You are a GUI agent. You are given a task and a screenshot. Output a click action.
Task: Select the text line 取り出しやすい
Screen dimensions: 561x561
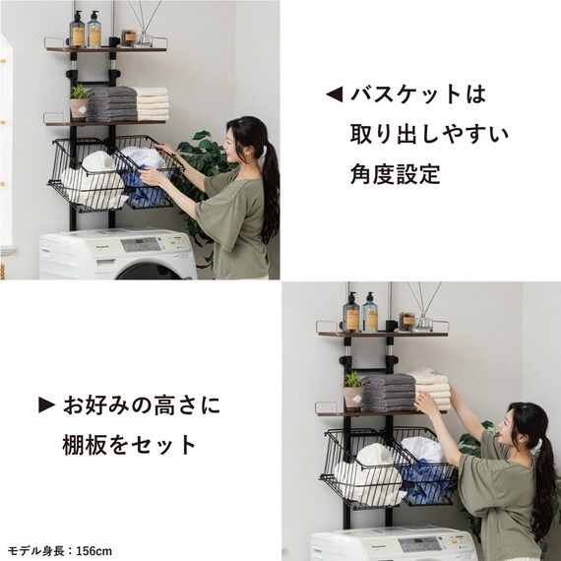[x=429, y=134]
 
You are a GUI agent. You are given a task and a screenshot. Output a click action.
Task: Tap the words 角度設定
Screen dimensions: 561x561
[x=396, y=174]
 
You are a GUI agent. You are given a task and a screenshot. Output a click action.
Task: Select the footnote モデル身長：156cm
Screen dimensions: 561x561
[x=60, y=550]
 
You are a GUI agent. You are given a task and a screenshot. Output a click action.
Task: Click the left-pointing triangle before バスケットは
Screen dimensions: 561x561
[x=334, y=95]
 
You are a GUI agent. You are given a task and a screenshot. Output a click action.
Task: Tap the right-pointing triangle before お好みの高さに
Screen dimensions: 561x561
[x=45, y=405]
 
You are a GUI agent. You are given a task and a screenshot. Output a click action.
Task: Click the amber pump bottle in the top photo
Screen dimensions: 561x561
[x=78, y=31]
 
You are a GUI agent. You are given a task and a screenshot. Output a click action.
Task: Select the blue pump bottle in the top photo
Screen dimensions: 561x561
[x=94, y=31]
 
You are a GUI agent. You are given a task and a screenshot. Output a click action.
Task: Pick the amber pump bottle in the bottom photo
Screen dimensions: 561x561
[x=351, y=314]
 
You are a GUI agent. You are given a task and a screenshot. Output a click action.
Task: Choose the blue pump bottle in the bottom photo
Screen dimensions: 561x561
[x=370, y=314]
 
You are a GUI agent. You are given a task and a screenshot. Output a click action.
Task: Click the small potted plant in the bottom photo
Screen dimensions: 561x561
[x=352, y=390]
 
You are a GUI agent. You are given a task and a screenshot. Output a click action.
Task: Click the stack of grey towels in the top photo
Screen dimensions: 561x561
[x=111, y=103]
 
